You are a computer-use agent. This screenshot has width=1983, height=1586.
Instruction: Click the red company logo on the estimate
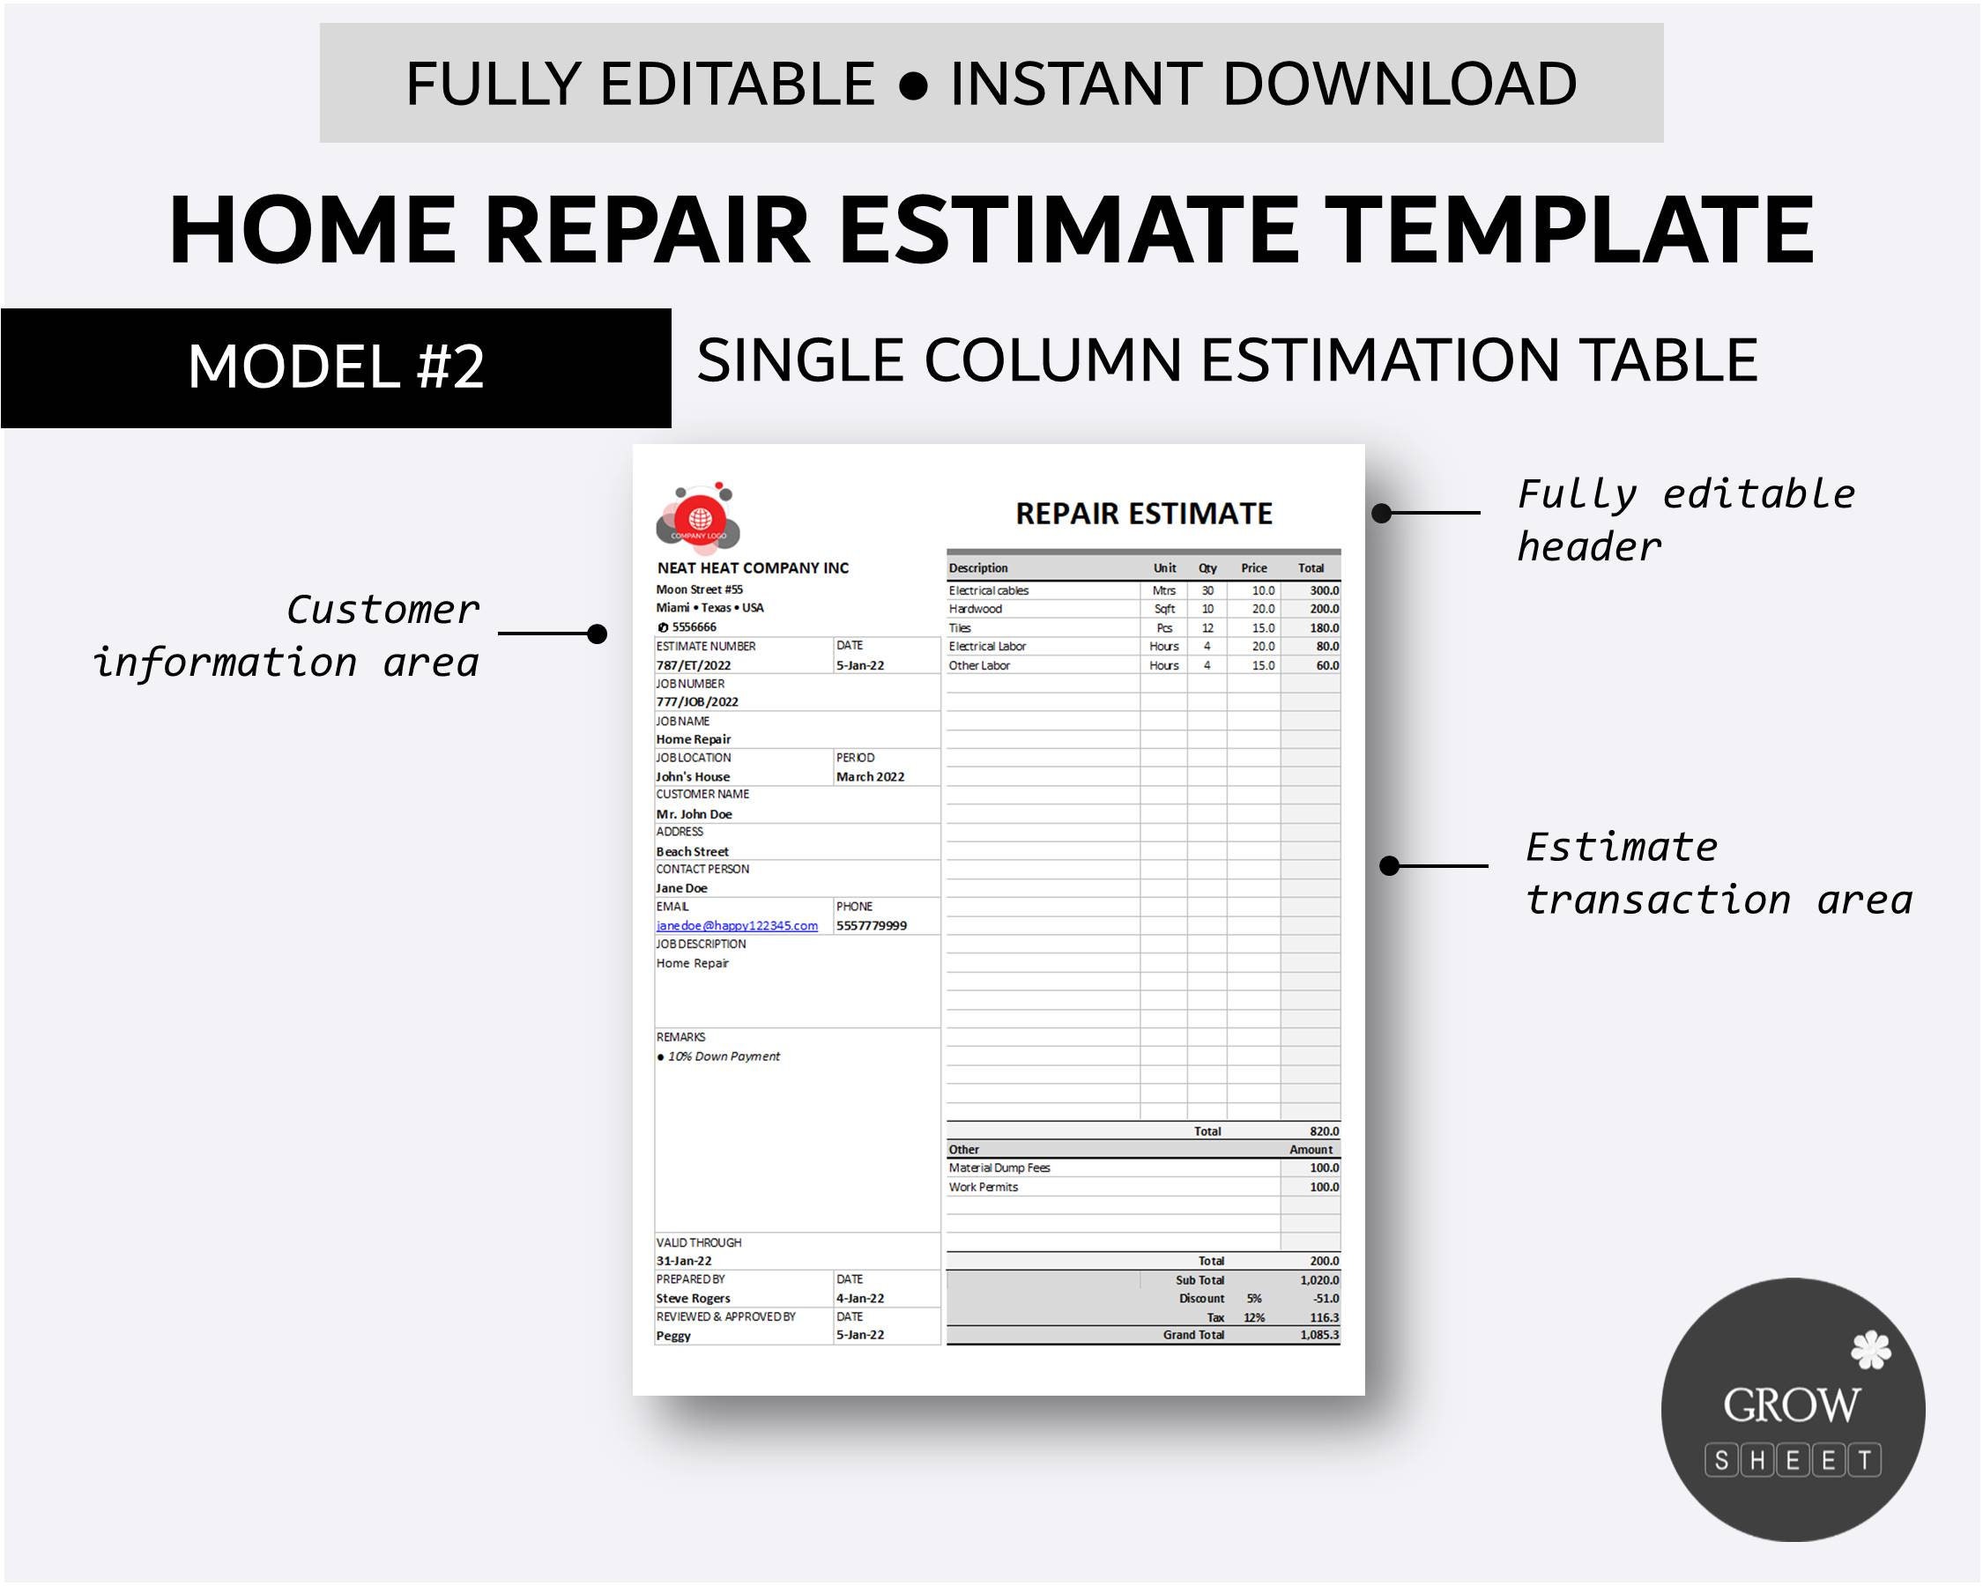click(x=698, y=517)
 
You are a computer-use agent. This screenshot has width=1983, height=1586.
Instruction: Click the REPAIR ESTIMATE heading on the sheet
click(x=1143, y=514)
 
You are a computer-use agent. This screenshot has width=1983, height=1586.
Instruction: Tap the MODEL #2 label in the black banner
click(x=336, y=367)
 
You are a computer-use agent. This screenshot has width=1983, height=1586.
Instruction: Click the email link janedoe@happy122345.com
click(x=737, y=926)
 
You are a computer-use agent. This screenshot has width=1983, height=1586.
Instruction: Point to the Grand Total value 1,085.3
click(x=1319, y=1335)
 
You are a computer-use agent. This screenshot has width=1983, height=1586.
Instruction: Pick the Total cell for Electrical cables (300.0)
click(x=1324, y=591)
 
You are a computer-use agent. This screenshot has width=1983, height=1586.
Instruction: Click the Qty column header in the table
click(x=1207, y=568)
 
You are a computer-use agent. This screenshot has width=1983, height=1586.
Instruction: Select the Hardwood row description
click(x=975, y=610)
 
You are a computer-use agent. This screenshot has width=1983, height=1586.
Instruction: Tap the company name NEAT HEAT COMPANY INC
click(x=753, y=568)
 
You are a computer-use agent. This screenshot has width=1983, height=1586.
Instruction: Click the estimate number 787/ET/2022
click(x=694, y=665)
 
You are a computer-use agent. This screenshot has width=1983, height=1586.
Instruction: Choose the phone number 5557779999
click(x=871, y=926)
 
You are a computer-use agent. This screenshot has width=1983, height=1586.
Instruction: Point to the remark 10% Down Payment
click(x=723, y=1056)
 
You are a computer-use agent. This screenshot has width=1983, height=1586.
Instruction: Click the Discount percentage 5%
click(x=1253, y=1299)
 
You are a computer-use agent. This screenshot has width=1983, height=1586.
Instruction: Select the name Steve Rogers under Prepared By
click(x=693, y=1299)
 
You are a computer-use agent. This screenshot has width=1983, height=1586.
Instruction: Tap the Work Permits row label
click(x=984, y=1188)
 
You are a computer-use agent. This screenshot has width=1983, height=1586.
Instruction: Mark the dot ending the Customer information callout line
click(x=597, y=634)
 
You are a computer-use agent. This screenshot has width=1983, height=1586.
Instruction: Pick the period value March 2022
click(x=870, y=777)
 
